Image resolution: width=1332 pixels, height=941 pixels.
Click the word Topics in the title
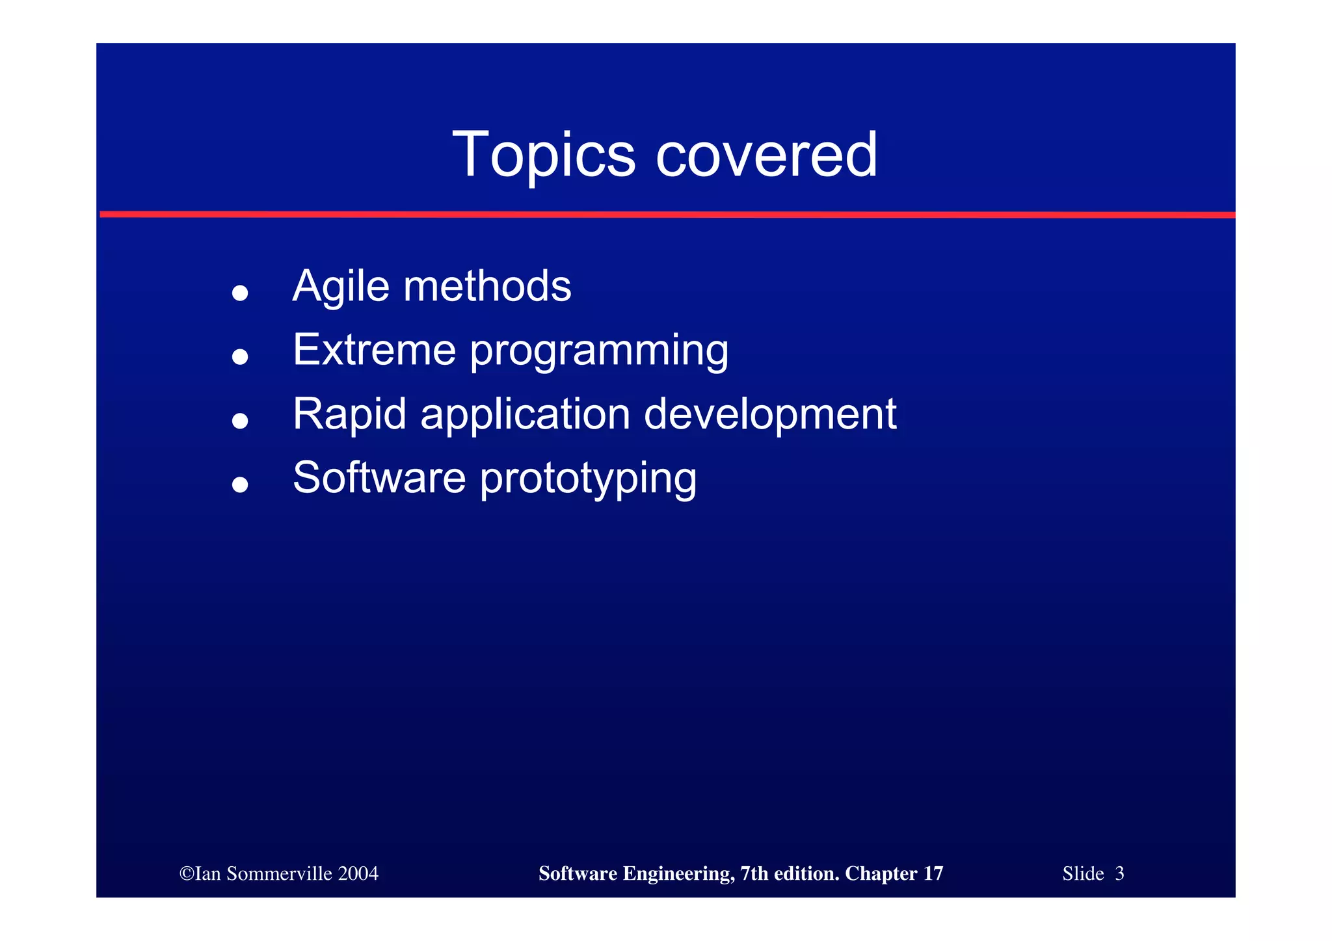[x=543, y=155]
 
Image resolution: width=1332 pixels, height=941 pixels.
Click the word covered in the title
[x=767, y=155]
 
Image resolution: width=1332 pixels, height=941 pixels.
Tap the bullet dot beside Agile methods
[x=240, y=293]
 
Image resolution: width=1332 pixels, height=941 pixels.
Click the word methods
[x=487, y=286]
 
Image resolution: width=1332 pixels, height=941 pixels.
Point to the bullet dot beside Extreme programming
[x=240, y=356]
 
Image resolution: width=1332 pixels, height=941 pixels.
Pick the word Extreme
[x=374, y=350]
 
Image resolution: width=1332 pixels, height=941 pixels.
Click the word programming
[x=599, y=352]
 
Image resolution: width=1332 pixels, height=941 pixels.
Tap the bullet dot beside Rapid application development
[x=240, y=420]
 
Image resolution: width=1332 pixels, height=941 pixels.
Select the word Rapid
[x=349, y=414]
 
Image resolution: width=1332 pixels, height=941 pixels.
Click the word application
[x=526, y=415]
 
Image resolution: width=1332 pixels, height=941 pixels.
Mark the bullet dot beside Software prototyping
[x=240, y=484]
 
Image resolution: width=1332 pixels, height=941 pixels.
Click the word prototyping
[x=588, y=479]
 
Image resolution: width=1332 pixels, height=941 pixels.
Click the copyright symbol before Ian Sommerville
[x=187, y=873]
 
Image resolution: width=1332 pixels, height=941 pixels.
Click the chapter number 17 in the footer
[x=933, y=873]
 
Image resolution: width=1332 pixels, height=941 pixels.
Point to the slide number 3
[x=1119, y=873]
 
